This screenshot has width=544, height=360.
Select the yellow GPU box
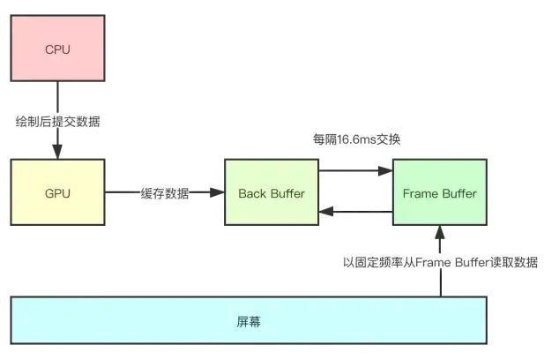click(57, 192)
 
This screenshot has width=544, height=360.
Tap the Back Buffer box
click(271, 192)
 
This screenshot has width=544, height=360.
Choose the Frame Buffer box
click(438, 192)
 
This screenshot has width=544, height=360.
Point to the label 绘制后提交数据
click(57, 121)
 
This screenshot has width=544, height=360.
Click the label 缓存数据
click(164, 193)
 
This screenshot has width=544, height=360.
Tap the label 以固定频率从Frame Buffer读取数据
click(440, 262)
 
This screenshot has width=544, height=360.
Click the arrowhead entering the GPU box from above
click(57, 154)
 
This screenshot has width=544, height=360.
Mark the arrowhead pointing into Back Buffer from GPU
click(218, 192)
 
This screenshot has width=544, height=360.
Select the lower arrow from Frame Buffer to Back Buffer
click(354, 212)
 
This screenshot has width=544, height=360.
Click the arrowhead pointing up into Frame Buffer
click(438, 232)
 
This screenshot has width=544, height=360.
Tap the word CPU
click(57, 49)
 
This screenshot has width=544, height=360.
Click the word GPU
click(57, 192)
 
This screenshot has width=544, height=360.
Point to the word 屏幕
click(248, 322)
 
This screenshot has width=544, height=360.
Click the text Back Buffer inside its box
click(271, 192)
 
